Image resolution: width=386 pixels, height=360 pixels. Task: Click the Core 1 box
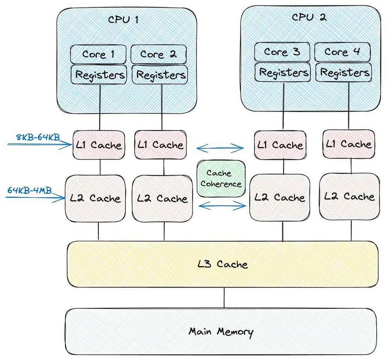click(98, 54)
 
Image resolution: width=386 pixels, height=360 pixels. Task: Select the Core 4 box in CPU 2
click(343, 52)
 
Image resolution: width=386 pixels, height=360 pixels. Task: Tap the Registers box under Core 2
click(159, 75)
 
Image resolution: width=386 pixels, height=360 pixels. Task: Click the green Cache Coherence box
click(221, 178)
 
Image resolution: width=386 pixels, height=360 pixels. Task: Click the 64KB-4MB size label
click(29, 190)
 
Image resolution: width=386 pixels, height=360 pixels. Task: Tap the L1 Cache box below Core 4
click(348, 144)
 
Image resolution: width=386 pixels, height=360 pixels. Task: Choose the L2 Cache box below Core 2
click(162, 199)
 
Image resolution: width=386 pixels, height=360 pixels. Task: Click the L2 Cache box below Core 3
click(280, 198)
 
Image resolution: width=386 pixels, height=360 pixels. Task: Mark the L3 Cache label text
click(222, 265)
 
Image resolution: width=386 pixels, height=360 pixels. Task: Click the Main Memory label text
click(221, 331)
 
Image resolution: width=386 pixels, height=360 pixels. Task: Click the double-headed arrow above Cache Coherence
click(220, 147)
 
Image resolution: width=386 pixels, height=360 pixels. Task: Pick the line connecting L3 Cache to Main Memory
click(224, 298)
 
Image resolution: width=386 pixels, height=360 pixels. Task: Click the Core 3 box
click(282, 52)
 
